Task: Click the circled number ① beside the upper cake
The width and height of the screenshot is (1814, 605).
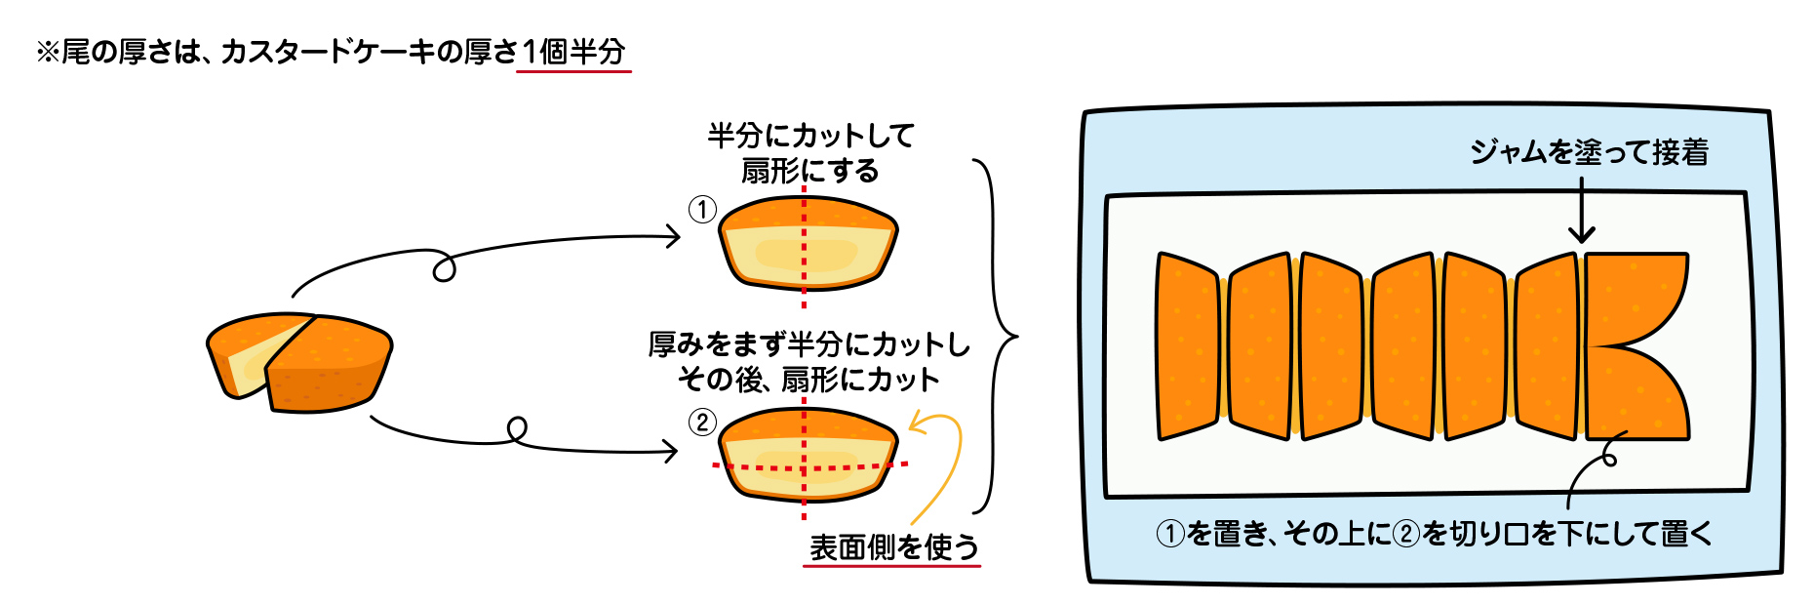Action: tap(702, 210)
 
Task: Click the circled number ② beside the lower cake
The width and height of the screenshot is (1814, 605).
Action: tap(702, 423)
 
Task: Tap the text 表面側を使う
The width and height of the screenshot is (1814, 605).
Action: tap(893, 547)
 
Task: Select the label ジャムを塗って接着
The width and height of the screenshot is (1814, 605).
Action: tap(1589, 152)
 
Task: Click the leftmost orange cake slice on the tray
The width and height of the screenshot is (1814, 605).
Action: tap(1187, 345)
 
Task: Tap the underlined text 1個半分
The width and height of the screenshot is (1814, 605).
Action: tap(573, 52)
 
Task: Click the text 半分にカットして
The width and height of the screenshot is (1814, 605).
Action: tap(810, 136)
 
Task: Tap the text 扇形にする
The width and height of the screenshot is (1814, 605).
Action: tap(810, 172)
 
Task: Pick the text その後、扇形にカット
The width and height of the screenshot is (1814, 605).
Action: tap(808, 380)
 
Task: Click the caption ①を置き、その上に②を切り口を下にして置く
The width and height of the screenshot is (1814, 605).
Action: tap(1434, 533)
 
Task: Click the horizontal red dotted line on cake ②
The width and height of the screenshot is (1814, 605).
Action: tap(761, 468)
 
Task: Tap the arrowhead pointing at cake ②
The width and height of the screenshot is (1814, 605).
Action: tap(670, 451)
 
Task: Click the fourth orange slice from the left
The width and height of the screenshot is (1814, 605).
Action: tap(1402, 345)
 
